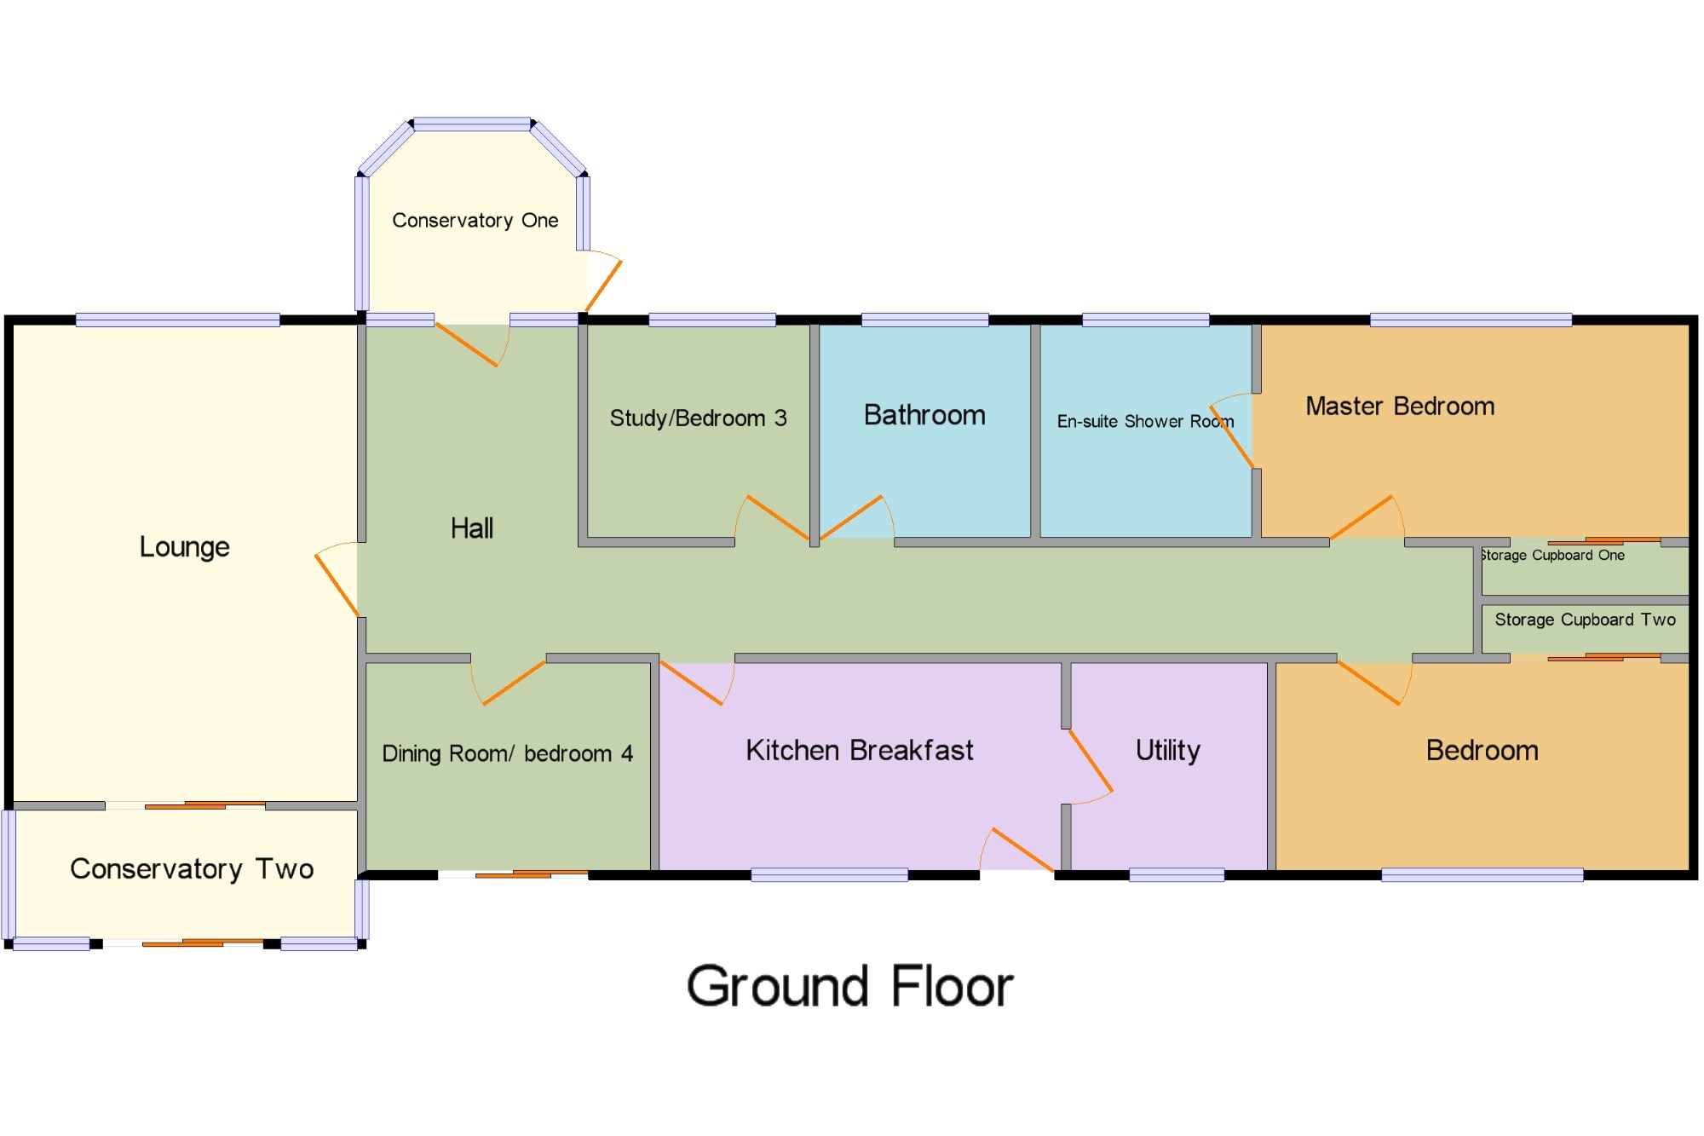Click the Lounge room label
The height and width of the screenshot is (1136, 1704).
click(184, 546)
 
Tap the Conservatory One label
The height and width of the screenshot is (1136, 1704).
click(475, 220)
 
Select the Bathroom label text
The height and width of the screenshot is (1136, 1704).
click(924, 415)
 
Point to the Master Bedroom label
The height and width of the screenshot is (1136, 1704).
click(1400, 406)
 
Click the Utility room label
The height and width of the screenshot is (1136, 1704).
click(1167, 750)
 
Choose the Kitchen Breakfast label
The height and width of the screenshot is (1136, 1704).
click(859, 750)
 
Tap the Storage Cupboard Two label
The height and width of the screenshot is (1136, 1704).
click(1585, 620)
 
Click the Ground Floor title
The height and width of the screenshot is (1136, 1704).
click(849, 986)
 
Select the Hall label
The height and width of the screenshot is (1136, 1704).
click(472, 528)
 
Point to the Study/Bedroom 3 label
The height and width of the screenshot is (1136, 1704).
click(698, 418)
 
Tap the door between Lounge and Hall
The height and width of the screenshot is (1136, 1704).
click(337, 585)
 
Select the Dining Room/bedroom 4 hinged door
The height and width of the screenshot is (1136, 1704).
click(514, 683)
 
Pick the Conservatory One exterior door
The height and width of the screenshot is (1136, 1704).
click(603, 286)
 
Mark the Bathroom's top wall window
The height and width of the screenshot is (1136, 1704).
click(924, 320)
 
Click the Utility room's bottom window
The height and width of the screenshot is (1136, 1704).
click(1176, 874)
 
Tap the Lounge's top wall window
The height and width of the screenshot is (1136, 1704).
click(177, 320)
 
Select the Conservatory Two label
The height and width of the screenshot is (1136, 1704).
click(192, 868)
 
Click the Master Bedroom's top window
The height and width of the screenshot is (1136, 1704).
click(1471, 320)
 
